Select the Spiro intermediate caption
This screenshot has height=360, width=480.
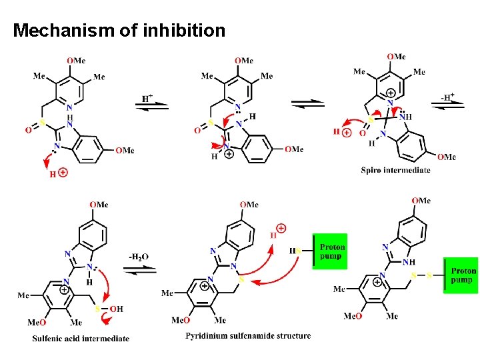pyautogui.click(x=395, y=170)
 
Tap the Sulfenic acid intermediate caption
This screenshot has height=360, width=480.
pyautogui.click(x=81, y=339)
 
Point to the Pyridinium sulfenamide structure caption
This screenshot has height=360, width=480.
pyautogui.click(x=248, y=335)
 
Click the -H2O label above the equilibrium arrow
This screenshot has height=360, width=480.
pyautogui.click(x=139, y=257)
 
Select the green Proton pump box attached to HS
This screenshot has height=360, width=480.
pyautogui.click(x=331, y=251)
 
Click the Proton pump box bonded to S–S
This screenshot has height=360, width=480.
pyautogui.click(x=463, y=275)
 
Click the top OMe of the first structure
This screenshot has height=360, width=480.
pyautogui.click(x=76, y=61)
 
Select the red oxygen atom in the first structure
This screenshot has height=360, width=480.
pyautogui.click(x=29, y=131)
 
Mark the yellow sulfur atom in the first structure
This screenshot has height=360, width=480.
pyautogui.click(x=43, y=123)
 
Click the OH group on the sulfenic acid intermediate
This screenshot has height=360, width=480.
pyautogui.click(x=115, y=309)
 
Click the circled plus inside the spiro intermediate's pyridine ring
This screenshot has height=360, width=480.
pyautogui.click(x=390, y=92)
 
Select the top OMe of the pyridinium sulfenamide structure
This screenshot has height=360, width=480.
pyautogui.click(x=250, y=205)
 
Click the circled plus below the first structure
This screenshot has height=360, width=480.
pyautogui.click(x=63, y=173)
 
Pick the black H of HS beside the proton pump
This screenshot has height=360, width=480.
pyautogui.click(x=293, y=251)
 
